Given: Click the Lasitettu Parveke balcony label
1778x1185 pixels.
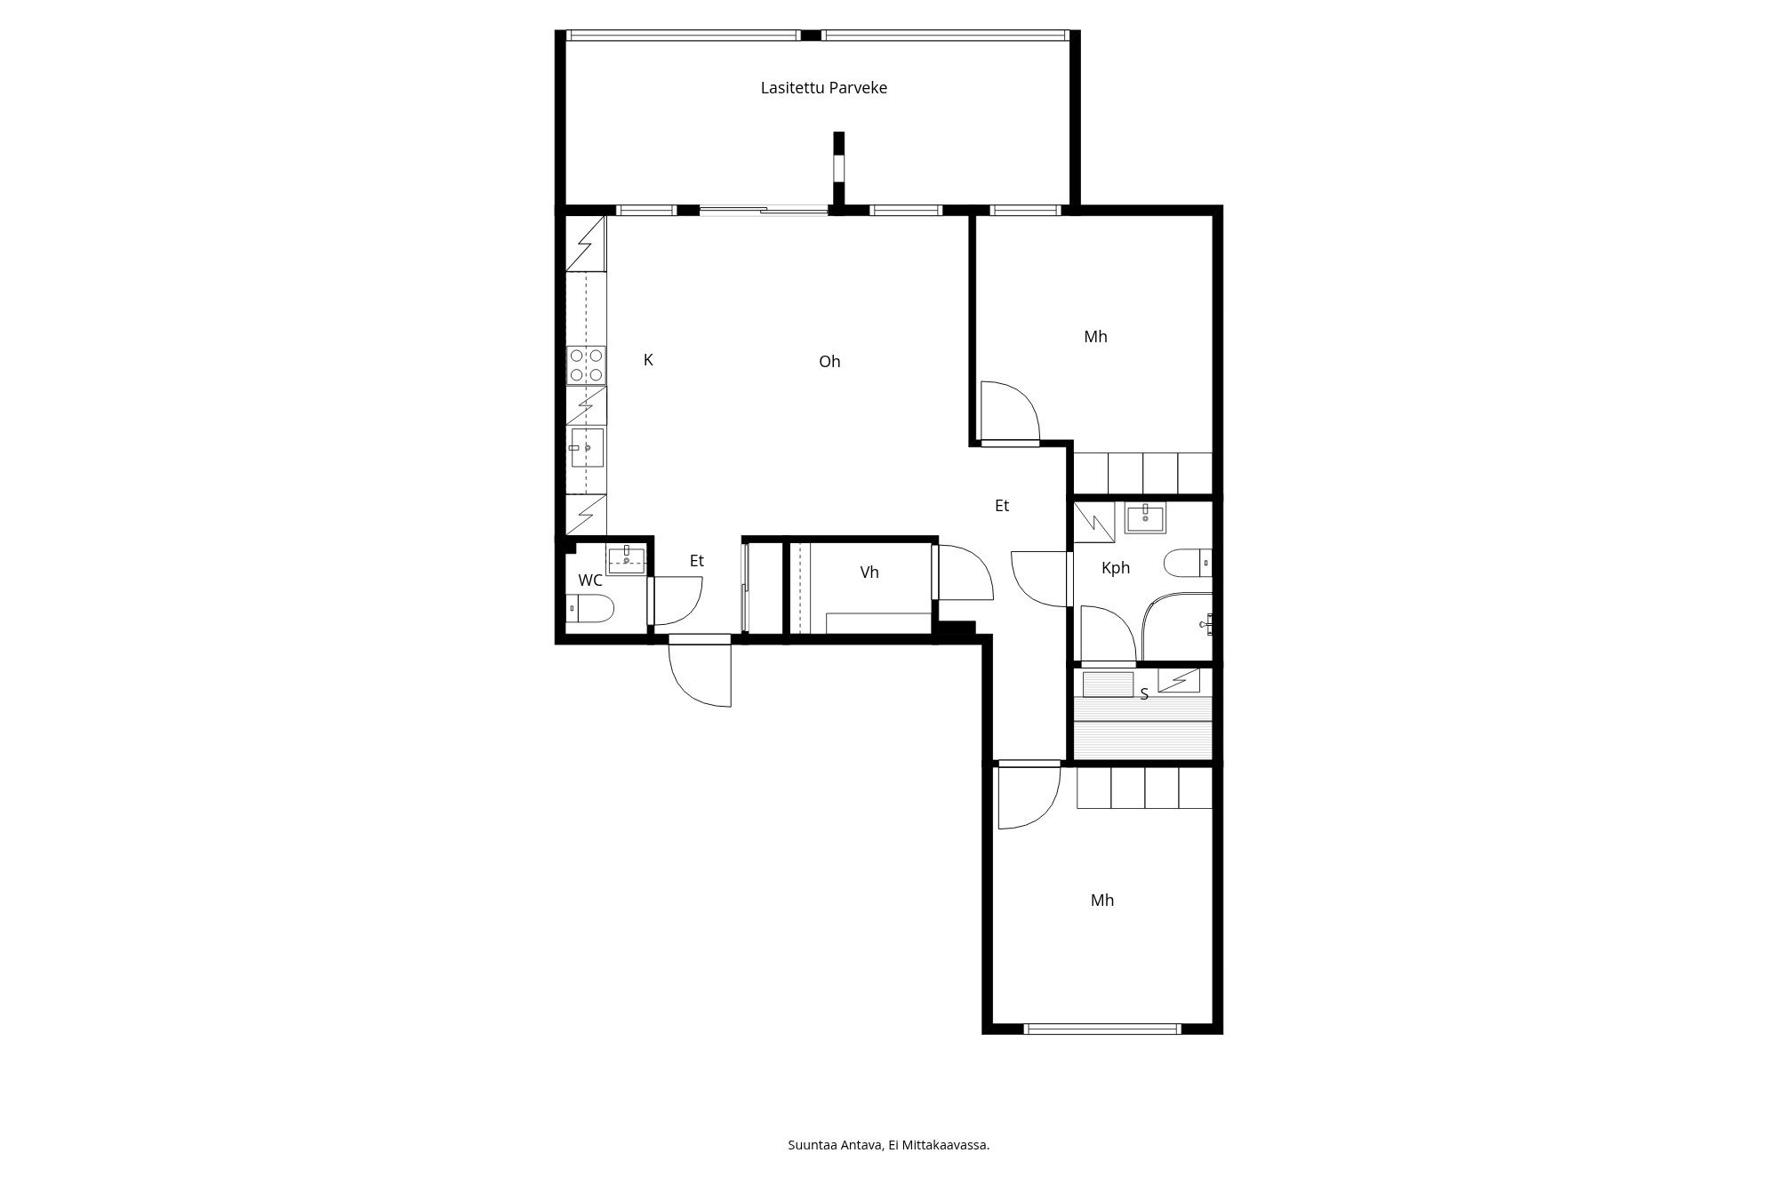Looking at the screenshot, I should [823, 88].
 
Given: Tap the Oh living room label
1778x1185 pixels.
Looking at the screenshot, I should [829, 361].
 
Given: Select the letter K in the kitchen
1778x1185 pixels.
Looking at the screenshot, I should [648, 359].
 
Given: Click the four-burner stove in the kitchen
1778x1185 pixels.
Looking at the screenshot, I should [587, 365].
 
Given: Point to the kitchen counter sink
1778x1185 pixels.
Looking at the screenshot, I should [587, 447].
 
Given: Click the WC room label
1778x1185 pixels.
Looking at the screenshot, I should [590, 580].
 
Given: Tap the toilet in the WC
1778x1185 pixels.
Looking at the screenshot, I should [591, 609].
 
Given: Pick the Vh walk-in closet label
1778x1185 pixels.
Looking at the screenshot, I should [869, 572].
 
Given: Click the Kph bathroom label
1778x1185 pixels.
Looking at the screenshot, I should [1115, 567].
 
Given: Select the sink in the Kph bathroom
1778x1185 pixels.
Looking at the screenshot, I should [1146, 518].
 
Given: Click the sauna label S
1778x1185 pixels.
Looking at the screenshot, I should [1144, 694].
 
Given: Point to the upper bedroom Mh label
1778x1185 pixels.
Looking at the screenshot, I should [1095, 336].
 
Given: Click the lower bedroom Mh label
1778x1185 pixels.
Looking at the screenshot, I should [1101, 900].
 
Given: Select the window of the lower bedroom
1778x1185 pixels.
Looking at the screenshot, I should [1102, 1029].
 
